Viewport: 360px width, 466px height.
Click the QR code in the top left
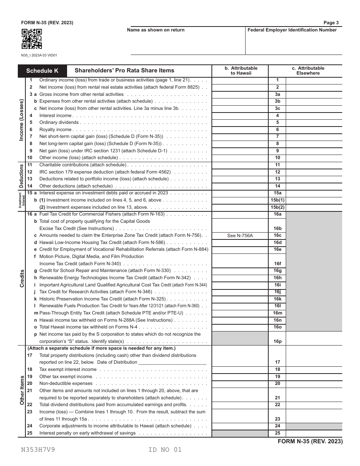(x=31, y=39)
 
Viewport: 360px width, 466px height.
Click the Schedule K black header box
(x=42, y=70)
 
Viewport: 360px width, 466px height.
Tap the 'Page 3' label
(x=332, y=23)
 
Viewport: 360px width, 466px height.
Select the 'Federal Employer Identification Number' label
(x=292, y=30)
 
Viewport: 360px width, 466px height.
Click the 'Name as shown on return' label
(x=156, y=30)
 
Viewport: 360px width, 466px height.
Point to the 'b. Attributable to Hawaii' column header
(x=241, y=70)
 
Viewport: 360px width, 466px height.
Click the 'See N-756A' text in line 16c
(x=239, y=236)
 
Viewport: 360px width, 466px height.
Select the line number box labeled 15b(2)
(x=277, y=207)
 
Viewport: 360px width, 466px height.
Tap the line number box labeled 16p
(x=277, y=341)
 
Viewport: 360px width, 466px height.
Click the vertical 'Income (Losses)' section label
(x=22, y=120)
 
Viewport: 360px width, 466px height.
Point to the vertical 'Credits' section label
(x=22, y=278)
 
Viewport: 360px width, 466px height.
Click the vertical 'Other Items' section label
(x=22, y=390)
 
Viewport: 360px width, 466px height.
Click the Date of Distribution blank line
(x=172, y=363)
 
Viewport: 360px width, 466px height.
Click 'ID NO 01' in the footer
(x=165, y=450)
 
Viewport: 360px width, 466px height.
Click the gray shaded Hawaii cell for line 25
(x=239, y=433)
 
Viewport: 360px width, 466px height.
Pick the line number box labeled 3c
(x=277, y=108)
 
